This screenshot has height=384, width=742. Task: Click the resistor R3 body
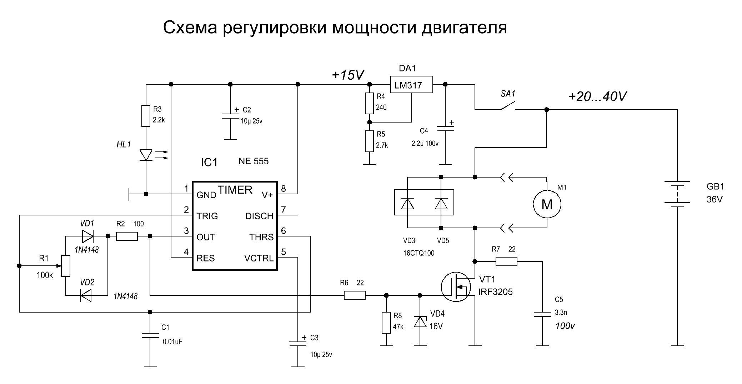pos(146,116)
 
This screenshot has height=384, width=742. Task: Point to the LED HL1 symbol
pos(146,155)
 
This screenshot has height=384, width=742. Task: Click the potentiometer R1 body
pos(66,266)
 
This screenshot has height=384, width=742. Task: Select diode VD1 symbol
pos(87,236)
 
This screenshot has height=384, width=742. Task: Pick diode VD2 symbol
pos(86,295)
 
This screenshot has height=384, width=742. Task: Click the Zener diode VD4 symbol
pos(420,321)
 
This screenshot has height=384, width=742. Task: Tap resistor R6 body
pos(355,295)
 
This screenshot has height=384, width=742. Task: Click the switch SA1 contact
pos(507,106)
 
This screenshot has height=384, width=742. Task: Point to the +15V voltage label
pos(348,75)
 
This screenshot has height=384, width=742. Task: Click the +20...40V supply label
pos(597,96)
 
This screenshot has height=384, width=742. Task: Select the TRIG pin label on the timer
pos(207,216)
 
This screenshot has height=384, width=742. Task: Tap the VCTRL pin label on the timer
pos(259,258)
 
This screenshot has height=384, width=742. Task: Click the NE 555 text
pos(254,161)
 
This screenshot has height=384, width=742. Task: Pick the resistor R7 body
pos(506,262)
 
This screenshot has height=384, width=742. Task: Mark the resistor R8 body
pos(386,323)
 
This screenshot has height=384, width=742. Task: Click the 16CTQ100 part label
pos(418,253)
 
